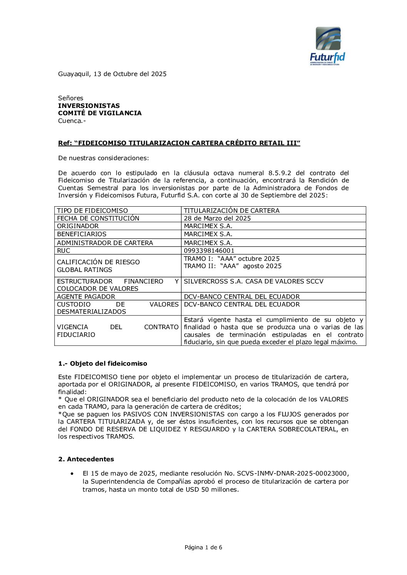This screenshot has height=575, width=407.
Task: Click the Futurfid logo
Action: coord(328,46)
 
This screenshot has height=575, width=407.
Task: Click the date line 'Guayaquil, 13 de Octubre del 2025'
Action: coord(112,74)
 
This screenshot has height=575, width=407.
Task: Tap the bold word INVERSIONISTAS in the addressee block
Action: coord(89,106)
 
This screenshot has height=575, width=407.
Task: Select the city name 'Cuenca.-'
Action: coord(72,121)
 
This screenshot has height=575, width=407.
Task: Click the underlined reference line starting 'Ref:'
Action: coord(179,143)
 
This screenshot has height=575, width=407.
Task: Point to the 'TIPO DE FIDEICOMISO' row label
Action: coord(92,210)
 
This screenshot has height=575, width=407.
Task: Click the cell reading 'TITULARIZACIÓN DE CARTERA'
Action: coord(232,210)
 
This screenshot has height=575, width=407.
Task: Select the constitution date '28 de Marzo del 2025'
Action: coord(217,218)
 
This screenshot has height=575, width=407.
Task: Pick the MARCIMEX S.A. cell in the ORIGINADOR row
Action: coord(208,226)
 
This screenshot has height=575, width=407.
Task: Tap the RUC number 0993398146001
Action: coord(209,250)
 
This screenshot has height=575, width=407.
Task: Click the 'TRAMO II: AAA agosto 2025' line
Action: coord(233,266)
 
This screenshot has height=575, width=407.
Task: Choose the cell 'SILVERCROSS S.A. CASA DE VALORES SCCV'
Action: coord(254,281)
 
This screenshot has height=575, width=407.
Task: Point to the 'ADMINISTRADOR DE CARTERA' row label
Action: coord(105,243)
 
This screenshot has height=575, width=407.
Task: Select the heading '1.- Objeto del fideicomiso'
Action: coord(103,363)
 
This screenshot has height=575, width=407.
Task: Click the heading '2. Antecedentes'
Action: coord(86,459)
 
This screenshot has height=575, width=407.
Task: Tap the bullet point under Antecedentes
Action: coord(72,474)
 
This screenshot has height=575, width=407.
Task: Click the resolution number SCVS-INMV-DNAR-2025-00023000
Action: coord(292,474)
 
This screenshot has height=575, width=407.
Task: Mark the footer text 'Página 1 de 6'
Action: coord(203,547)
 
